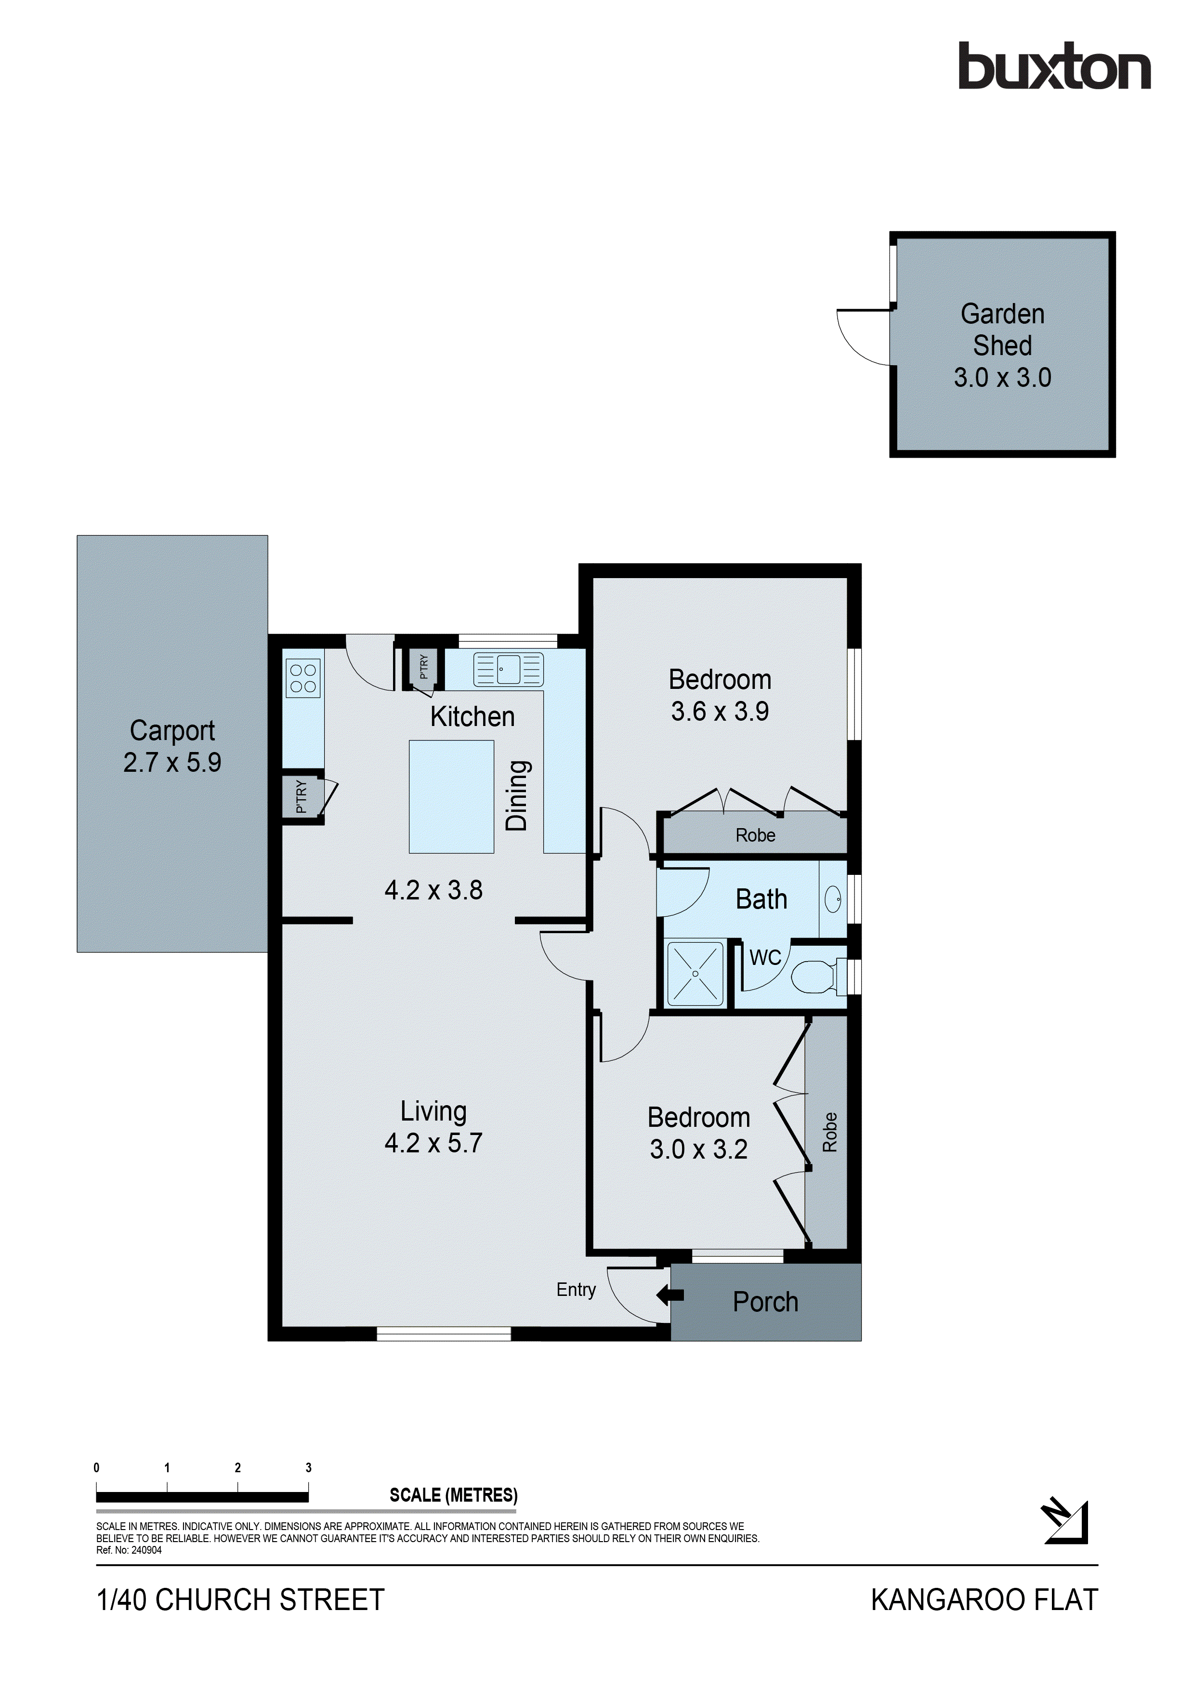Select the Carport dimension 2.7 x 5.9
click(172, 763)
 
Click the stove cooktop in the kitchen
click(303, 678)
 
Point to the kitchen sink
click(508, 669)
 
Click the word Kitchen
click(472, 716)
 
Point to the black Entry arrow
click(669, 1295)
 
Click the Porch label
click(765, 1302)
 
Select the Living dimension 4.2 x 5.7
click(433, 1142)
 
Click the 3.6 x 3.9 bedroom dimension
click(720, 711)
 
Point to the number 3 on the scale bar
click(308, 1468)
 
